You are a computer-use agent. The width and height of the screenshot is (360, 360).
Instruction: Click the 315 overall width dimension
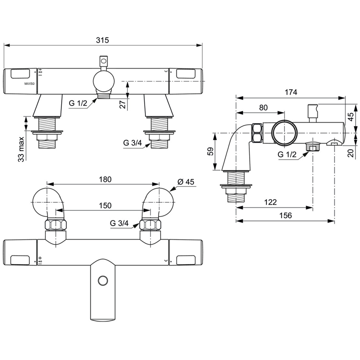103,40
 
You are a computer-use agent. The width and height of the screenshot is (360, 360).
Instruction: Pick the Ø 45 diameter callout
186,182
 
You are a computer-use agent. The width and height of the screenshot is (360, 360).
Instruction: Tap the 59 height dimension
211,151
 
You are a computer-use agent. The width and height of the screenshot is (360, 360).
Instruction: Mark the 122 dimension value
270,202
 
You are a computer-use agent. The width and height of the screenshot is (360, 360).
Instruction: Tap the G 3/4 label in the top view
119,223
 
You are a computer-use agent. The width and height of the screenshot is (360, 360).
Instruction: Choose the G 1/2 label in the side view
287,155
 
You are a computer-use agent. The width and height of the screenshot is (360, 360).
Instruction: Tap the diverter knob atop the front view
103,61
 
